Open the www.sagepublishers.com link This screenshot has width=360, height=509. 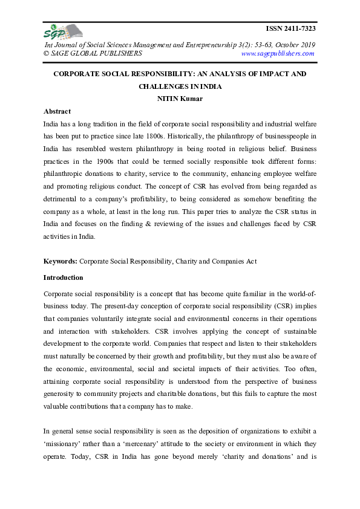(277, 53)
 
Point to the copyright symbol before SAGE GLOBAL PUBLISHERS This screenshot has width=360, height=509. (47, 53)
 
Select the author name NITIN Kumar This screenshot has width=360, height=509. (180, 99)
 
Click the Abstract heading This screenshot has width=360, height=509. (57, 111)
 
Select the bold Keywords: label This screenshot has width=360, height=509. (61, 262)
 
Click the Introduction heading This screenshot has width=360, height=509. (64, 277)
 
